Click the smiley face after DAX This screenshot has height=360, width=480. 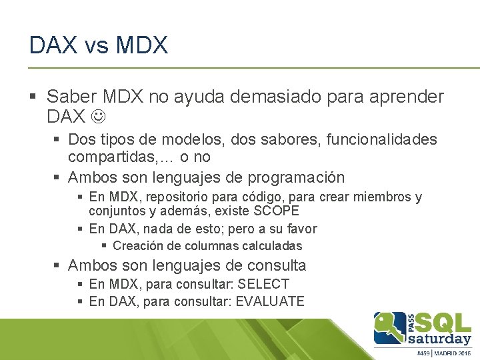pos(97,117)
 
